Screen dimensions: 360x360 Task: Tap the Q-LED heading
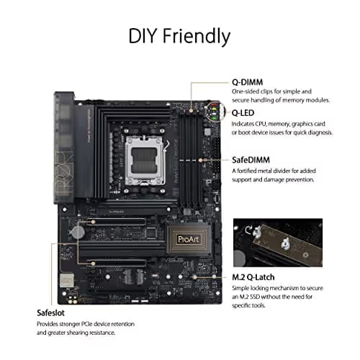[x=244, y=112]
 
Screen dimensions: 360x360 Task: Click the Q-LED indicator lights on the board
[x=212, y=112]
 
